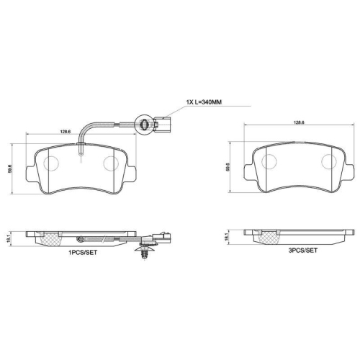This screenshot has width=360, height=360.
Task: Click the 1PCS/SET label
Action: [83, 253]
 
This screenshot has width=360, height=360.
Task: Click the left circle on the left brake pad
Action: [50, 163]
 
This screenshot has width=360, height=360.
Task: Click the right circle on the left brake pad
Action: [111, 163]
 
